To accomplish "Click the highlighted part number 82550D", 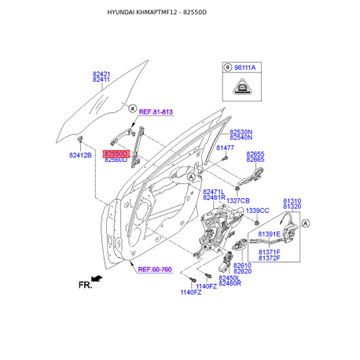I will tap(116, 154).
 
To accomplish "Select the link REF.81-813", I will tap(156, 112).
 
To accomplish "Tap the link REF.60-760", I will tap(155, 270).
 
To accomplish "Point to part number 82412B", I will tap(80, 156).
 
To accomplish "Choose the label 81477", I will tap(226, 148).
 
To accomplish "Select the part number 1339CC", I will tap(257, 211).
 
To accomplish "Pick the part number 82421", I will tap(101, 74).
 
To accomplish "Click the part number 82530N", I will tap(241, 132).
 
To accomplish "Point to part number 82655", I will tap(255, 154).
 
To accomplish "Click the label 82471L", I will tap(214, 192).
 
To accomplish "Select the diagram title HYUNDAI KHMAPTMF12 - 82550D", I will tap(180, 14).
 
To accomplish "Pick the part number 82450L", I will tap(229, 278).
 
